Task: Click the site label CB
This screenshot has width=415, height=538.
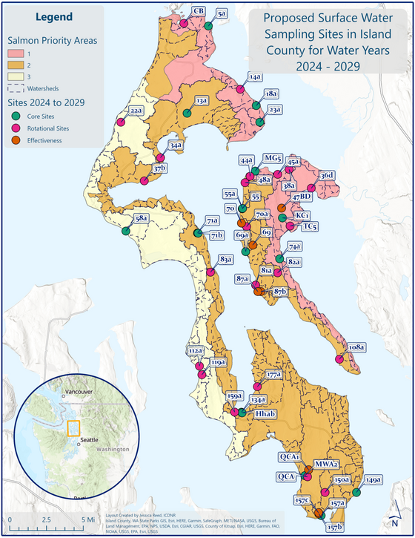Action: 198,10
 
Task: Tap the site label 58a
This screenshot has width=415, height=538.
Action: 142,218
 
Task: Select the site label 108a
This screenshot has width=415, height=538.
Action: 356,347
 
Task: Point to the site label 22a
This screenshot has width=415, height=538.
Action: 136,111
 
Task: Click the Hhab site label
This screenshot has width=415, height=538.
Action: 265,412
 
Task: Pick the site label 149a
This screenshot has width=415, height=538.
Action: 373,479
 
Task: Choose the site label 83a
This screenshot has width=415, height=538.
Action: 226,259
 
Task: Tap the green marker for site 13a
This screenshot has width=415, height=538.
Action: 187,114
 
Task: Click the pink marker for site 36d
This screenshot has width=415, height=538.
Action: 311,188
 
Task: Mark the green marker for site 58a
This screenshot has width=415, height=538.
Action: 125,231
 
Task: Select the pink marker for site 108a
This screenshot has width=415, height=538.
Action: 339,359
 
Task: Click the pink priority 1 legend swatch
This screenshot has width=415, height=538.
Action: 16,54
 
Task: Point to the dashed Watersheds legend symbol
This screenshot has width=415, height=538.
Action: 16,88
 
